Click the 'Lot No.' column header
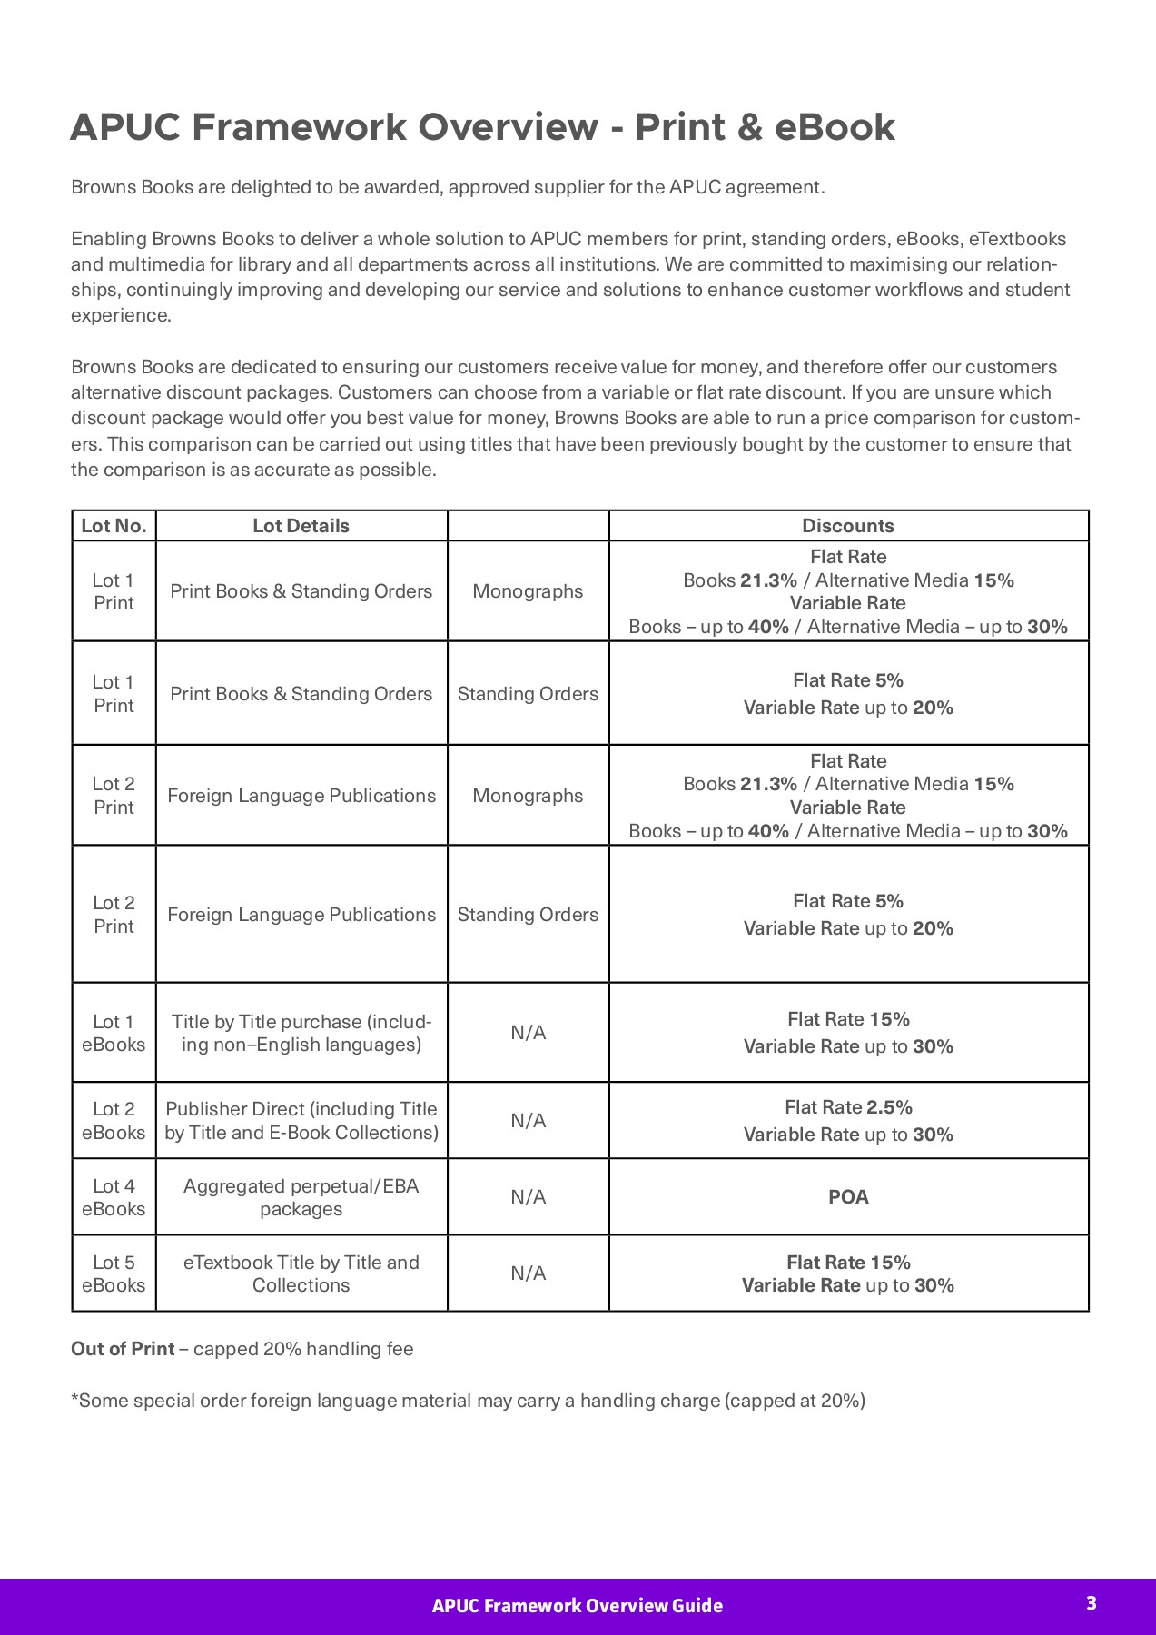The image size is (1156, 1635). (x=114, y=526)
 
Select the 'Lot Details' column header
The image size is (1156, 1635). (x=301, y=526)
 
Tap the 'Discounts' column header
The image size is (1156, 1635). (x=847, y=526)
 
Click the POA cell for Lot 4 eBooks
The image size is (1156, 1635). (x=848, y=1196)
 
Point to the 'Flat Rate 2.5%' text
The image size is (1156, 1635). (x=848, y=1107)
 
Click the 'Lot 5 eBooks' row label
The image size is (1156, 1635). (x=114, y=1273)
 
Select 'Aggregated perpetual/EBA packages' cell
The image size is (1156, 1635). (x=301, y=1197)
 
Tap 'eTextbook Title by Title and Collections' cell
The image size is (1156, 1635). (x=301, y=1273)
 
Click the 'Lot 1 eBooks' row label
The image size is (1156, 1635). (x=114, y=1033)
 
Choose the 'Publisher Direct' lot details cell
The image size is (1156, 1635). (x=301, y=1121)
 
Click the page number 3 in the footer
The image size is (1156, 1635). (x=1092, y=1603)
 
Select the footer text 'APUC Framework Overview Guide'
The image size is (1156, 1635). (x=577, y=1606)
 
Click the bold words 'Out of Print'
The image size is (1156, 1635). (x=123, y=1349)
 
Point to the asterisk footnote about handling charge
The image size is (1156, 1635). (x=468, y=1401)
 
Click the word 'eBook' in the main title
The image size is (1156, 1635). (x=835, y=127)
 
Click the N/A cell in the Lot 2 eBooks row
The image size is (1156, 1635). (x=528, y=1121)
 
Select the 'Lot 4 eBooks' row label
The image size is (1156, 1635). (x=114, y=1197)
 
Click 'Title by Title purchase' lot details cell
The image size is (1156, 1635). (x=301, y=1033)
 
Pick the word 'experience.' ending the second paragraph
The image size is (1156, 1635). (x=121, y=315)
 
